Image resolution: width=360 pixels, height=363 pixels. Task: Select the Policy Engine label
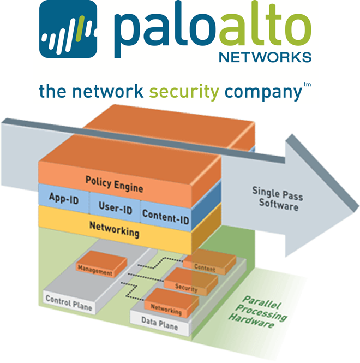[114, 183]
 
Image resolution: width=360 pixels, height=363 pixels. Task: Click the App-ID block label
[64, 199]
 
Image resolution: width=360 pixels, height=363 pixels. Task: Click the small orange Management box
[95, 269]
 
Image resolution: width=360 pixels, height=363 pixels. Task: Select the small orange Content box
[205, 267]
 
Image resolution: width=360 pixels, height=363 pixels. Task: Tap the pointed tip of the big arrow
[352, 195]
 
